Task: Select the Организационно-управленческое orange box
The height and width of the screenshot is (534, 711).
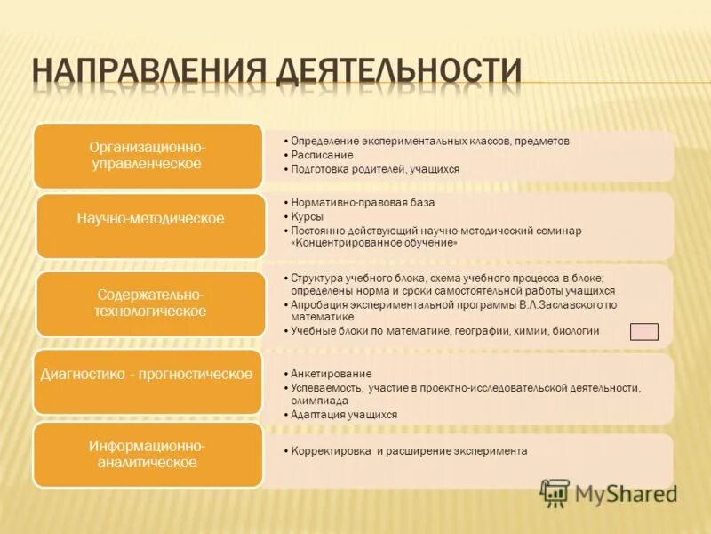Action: tap(148, 155)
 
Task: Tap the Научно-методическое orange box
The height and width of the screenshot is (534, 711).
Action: tap(148, 218)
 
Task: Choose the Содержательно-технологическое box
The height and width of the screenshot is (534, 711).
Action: tap(148, 303)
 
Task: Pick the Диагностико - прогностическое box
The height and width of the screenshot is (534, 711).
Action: tap(148, 375)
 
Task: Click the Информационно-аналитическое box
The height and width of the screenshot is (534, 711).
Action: tap(148, 454)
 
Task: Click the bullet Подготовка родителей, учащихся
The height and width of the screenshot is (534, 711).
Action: tap(378, 168)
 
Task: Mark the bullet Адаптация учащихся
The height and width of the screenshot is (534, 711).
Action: tap(347, 415)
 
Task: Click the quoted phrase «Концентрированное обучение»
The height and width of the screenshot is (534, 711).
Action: tap(374, 243)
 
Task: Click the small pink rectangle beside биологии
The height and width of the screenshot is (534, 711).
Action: tap(643, 332)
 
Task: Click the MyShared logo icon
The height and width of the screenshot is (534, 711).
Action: tap(555, 492)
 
